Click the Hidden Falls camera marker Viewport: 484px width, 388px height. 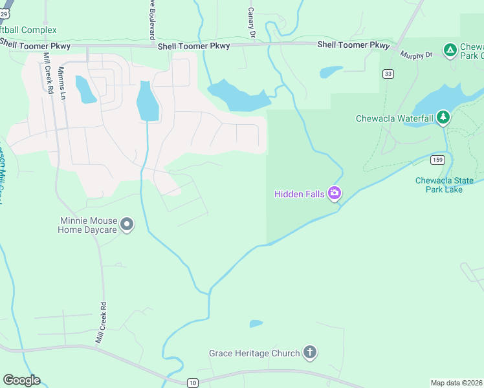[335, 193]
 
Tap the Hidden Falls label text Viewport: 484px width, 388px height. [300, 193]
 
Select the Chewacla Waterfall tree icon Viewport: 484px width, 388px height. [443, 117]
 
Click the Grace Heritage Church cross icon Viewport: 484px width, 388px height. [310, 352]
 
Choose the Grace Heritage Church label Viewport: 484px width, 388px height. [254, 353]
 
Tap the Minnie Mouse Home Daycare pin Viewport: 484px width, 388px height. [127, 224]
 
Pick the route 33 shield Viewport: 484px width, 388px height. [388, 74]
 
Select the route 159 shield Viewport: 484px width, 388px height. [438, 159]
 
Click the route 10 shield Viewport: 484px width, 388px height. [193, 383]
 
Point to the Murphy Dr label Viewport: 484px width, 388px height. [416, 55]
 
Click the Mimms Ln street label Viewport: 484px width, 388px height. [62, 82]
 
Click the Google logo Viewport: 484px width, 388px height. [21, 380]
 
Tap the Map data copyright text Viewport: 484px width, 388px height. [457, 383]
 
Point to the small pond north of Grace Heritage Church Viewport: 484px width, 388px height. [256, 323]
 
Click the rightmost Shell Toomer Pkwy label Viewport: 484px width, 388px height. [353, 45]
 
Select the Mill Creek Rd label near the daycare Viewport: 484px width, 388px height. [100, 322]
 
